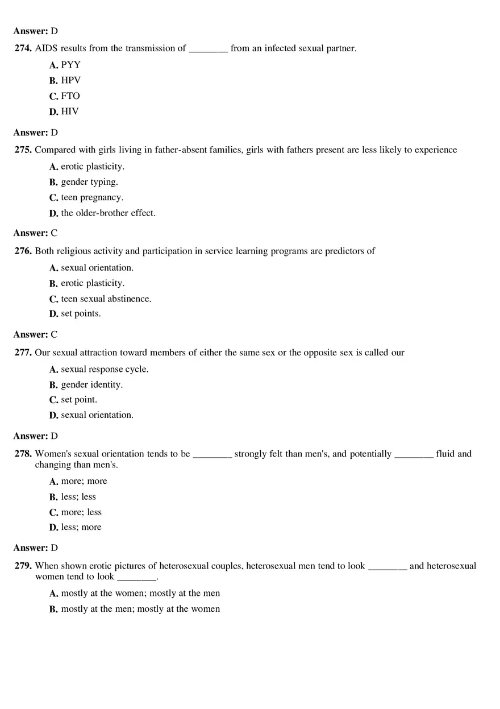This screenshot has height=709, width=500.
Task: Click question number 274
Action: (23, 48)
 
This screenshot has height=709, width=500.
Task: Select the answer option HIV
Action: (70, 111)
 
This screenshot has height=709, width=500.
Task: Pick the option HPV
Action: (71, 80)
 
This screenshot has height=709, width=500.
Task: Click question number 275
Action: (23, 150)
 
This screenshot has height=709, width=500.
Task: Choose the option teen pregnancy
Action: (92, 197)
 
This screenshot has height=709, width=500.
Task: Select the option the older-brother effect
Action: (108, 213)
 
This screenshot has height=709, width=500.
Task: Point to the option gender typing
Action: (89, 182)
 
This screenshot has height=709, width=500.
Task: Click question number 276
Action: (23, 251)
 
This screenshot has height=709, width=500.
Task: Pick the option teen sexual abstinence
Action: (106, 298)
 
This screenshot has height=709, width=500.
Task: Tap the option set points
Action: (81, 314)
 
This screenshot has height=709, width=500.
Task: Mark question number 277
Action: (23, 353)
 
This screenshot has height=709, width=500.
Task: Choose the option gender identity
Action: (92, 384)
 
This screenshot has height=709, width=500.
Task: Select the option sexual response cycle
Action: (105, 369)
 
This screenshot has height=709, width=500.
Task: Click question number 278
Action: (23, 454)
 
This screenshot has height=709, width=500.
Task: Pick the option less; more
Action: (81, 527)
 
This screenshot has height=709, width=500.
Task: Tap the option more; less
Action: (81, 512)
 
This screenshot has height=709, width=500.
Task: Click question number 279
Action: (23, 566)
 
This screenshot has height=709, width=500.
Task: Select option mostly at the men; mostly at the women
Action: (140, 609)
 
